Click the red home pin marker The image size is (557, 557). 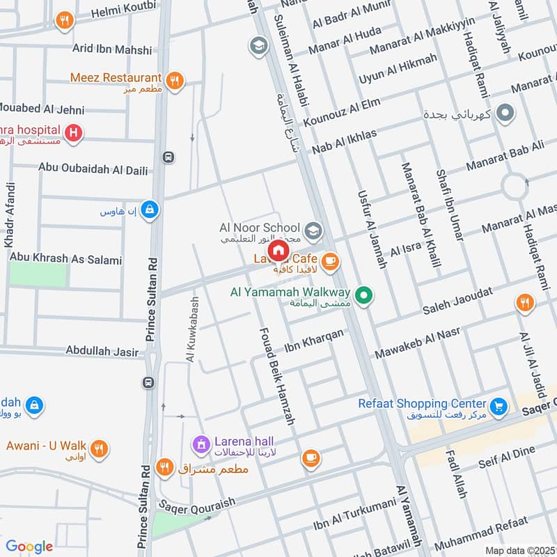[278, 250]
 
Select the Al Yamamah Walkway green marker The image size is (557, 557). [363, 295]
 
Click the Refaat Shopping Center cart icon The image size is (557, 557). [498, 405]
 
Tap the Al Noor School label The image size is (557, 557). [259, 228]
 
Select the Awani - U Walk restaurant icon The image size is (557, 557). [100, 447]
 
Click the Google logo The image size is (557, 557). [29, 547]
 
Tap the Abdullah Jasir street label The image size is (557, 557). [102, 352]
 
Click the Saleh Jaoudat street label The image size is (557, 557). [458, 301]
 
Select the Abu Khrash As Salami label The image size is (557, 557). [65, 259]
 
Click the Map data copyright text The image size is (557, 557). [519, 550]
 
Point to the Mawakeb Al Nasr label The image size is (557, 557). [418, 343]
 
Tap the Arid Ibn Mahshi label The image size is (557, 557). [112, 49]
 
